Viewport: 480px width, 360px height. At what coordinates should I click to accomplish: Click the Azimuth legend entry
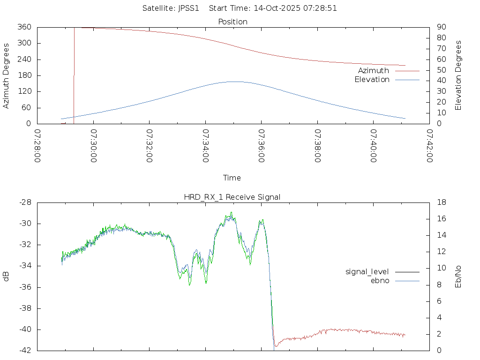coord(374,70)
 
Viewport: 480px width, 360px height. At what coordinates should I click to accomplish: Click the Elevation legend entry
coord(372,80)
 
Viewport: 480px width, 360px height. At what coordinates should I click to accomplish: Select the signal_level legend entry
coord(367,271)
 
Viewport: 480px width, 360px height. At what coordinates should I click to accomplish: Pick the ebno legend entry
coord(380,280)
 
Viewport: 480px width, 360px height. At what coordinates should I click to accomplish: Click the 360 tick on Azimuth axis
coord(24,27)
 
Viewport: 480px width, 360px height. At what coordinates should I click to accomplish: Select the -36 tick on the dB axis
coord(25,287)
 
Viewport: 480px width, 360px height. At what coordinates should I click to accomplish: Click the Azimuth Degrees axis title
coord(7,75)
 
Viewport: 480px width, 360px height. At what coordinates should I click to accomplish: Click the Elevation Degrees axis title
coord(458,75)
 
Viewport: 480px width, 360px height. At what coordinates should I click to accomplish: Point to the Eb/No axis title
coord(458,277)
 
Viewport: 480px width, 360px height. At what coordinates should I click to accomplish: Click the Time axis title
coord(232,178)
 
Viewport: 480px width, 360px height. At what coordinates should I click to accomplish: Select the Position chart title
coord(233,22)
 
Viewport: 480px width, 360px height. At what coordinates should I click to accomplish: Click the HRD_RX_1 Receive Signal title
coord(232,197)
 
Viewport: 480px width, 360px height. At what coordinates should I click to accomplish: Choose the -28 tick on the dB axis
coord(25,202)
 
